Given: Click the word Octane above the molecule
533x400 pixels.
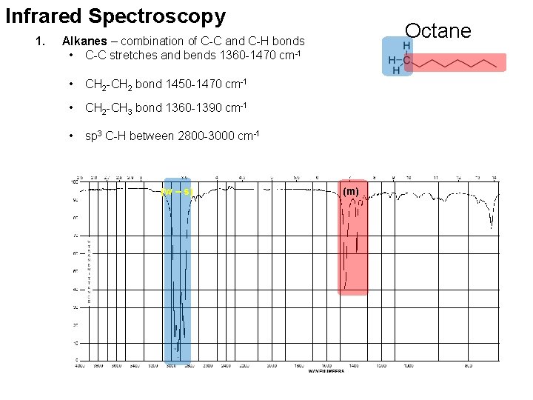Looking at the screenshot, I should (438, 30).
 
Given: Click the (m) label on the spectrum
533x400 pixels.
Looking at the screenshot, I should (351, 192).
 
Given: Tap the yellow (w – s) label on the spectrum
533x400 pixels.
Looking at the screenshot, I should (177, 193).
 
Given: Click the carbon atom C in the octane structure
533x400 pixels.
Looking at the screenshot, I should (407, 59).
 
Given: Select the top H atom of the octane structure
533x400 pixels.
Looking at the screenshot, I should (407, 46).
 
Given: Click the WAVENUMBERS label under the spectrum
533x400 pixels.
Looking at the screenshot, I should (326, 371).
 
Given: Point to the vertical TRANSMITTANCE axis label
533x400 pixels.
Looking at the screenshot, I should (90, 272).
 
